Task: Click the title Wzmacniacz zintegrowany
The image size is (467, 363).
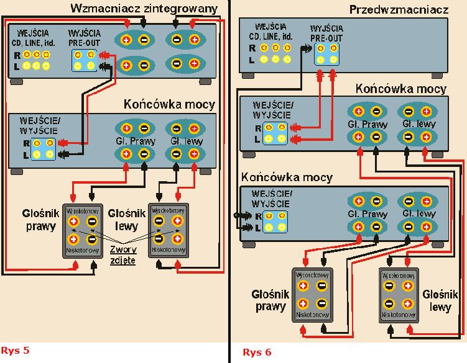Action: pos(145,9)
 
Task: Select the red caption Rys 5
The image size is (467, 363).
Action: pos(16,351)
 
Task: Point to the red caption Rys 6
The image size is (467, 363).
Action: pos(257,352)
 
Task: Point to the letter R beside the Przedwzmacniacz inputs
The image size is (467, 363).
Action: pos(252,47)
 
